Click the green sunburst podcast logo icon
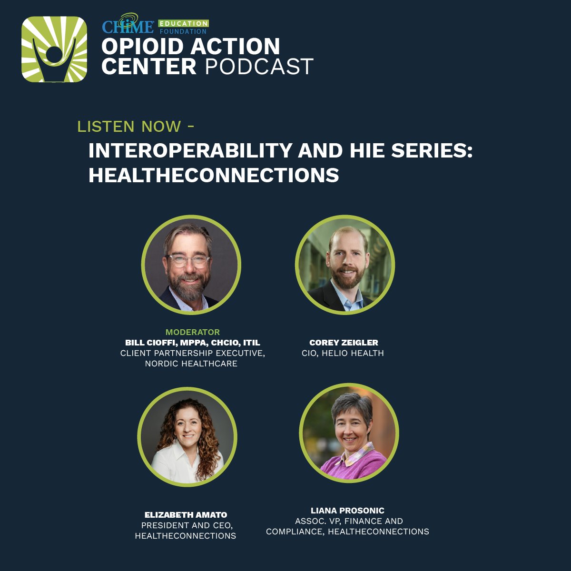coord(54,49)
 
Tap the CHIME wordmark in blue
coord(128,26)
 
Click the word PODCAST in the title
coord(259,67)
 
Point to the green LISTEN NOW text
coord(129,127)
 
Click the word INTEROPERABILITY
coord(190,151)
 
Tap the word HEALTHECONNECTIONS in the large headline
coord(214,175)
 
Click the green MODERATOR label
coord(193,332)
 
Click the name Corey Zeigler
coord(344,343)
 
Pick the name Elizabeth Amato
coord(186,515)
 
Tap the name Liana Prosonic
coord(347,511)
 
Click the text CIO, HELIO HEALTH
coord(343,353)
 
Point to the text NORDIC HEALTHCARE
coord(191,364)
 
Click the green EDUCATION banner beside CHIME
coord(183,23)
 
